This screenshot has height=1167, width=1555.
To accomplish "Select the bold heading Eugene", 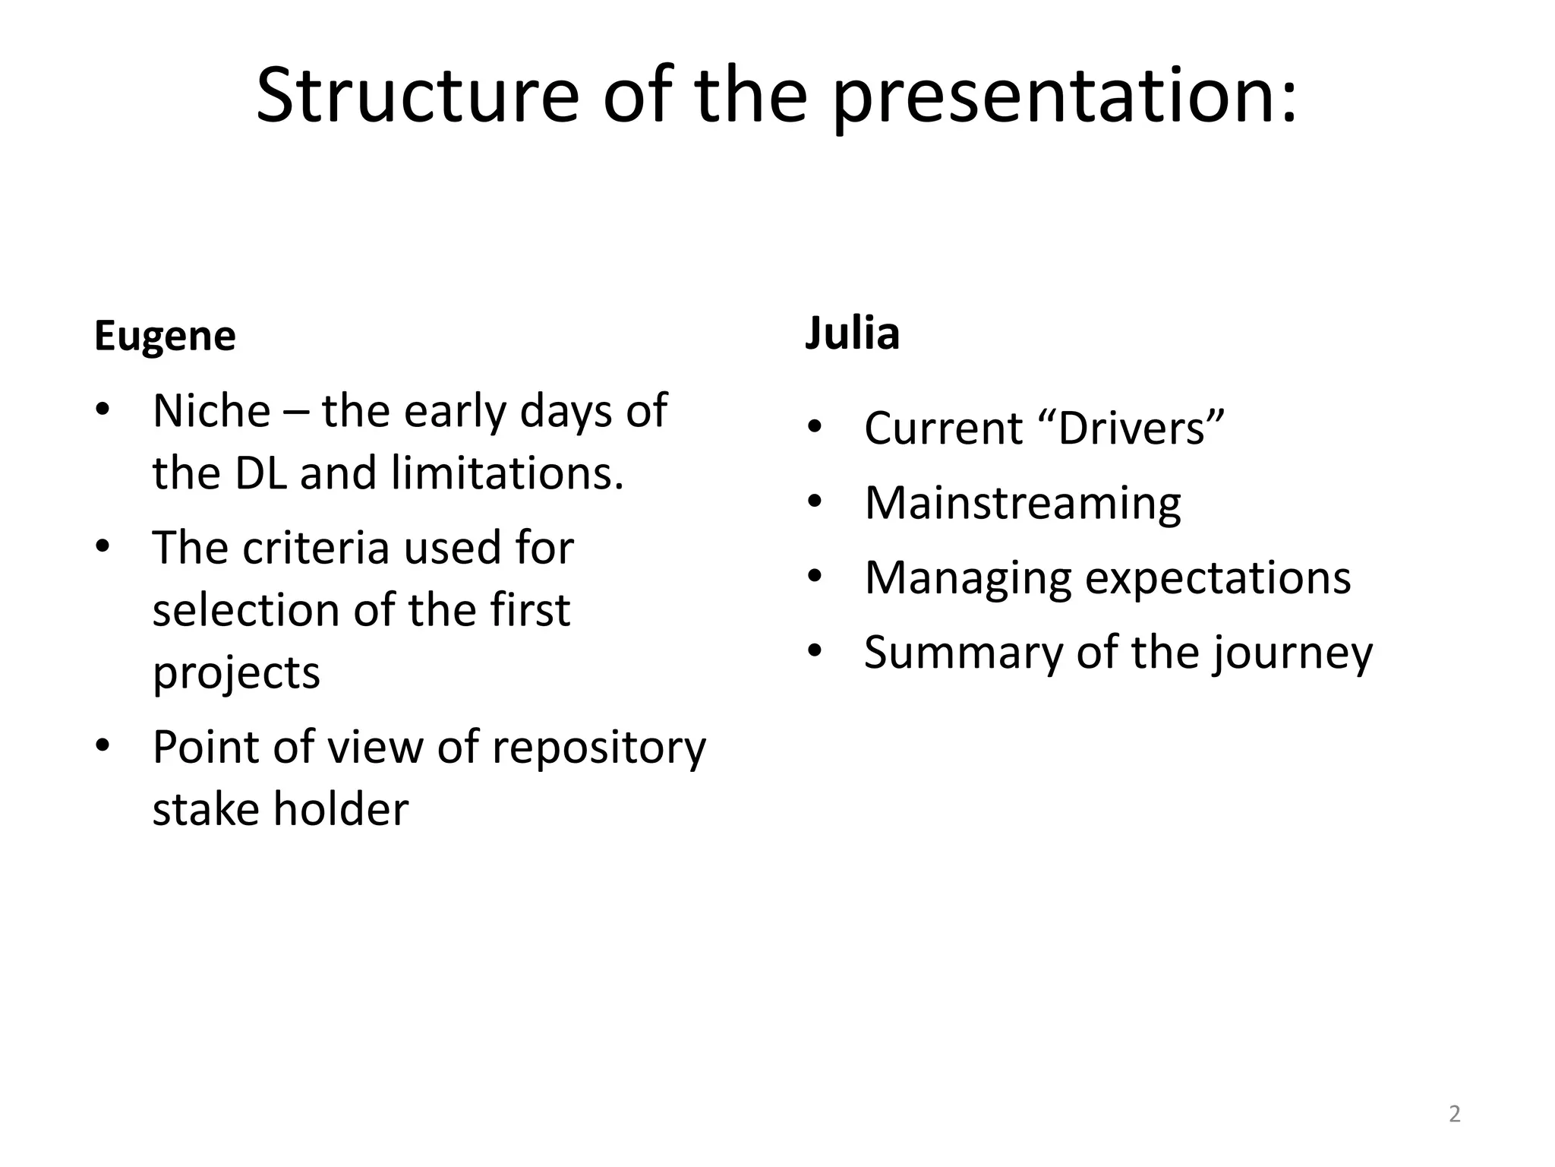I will pyautogui.click(x=165, y=336).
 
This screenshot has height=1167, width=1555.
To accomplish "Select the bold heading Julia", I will pyautogui.click(x=852, y=334).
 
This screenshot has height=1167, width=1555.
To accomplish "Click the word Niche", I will pyautogui.click(x=212, y=411).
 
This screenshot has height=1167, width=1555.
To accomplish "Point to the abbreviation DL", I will pyautogui.click(x=261, y=473).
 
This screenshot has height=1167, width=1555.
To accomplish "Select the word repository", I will pyautogui.click(x=599, y=747).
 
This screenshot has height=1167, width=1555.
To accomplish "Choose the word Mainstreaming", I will pyautogui.click(x=1022, y=503).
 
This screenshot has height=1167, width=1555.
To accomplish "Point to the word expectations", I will pyautogui.click(x=1218, y=577).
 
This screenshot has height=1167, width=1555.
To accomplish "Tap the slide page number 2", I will pyautogui.click(x=1454, y=1114).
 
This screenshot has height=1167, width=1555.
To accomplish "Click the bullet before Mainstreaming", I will pyautogui.click(x=815, y=502).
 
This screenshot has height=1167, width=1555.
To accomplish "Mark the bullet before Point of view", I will pyautogui.click(x=103, y=746).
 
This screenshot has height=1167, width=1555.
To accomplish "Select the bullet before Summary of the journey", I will pyautogui.click(x=815, y=651).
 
